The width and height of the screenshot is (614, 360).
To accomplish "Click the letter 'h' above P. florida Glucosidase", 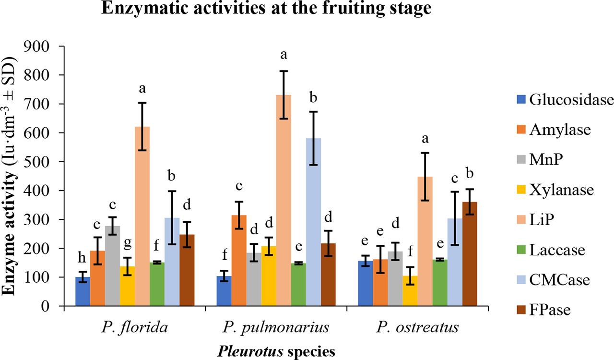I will point(83,260).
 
